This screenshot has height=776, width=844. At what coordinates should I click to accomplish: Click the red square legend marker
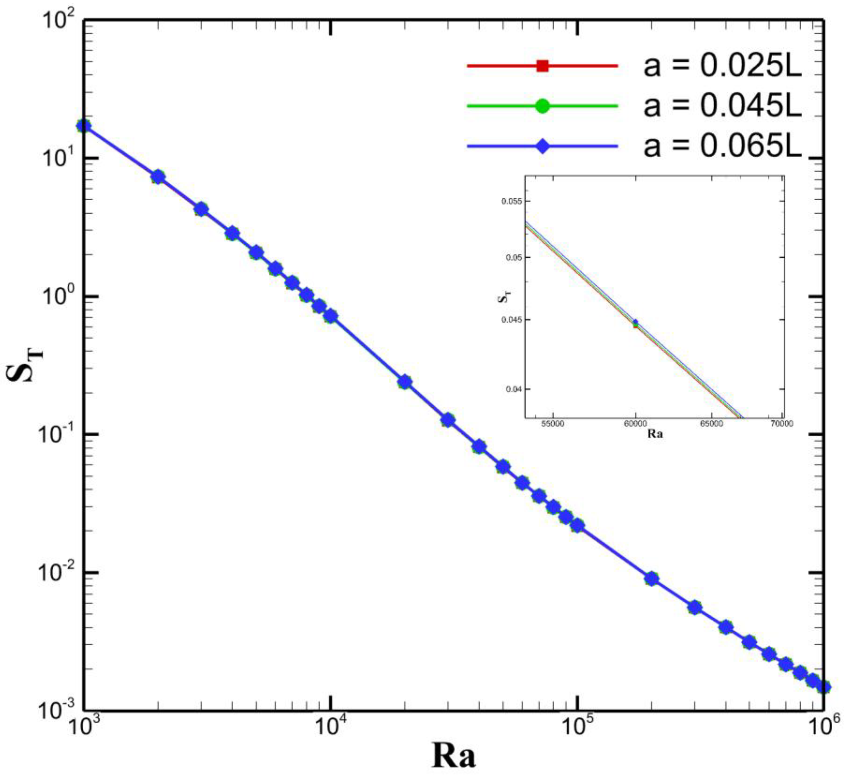pyautogui.click(x=542, y=66)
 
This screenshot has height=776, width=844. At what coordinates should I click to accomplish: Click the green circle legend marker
pyautogui.click(x=542, y=106)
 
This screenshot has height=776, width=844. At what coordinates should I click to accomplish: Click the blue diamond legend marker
pyautogui.click(x=542, y=146)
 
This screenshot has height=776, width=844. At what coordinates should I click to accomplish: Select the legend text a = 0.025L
pyautogui.click(x=722, y=67)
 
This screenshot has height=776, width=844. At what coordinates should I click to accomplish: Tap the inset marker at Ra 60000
pyautogui.click(x=635, y=323)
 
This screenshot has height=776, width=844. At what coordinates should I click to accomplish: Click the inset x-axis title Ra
pyautogui.click(x=655, y=434)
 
